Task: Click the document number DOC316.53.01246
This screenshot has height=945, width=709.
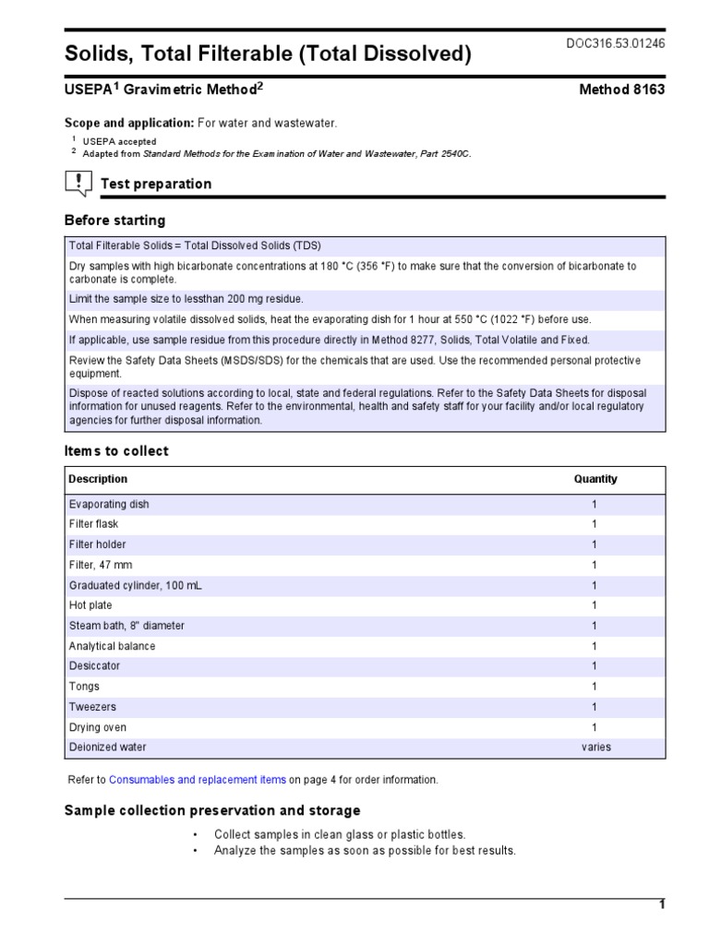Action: [616, 43]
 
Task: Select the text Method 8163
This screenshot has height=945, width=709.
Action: [621, 90]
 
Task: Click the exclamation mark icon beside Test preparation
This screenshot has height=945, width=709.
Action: [78, 184]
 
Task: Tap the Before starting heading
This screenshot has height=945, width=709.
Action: [114, 221]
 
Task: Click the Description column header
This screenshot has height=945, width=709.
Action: [99, 479]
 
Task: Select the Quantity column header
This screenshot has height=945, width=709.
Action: [595, 479]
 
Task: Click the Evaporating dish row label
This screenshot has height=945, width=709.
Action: [109, 504]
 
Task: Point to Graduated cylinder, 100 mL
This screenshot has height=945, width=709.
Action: [126, 585]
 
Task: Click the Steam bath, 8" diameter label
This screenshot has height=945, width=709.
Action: [126, 626]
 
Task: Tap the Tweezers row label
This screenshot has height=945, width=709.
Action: [92, 707]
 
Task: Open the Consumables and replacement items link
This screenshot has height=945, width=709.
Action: [198, 780]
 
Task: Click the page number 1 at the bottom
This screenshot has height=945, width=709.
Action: [661, 905]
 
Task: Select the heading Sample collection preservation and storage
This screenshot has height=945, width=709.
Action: [211, 810]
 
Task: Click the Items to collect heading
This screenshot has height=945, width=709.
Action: [116, 451]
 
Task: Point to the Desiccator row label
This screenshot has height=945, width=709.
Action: [94, 666]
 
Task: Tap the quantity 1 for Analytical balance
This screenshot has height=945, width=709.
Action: [595, 646]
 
